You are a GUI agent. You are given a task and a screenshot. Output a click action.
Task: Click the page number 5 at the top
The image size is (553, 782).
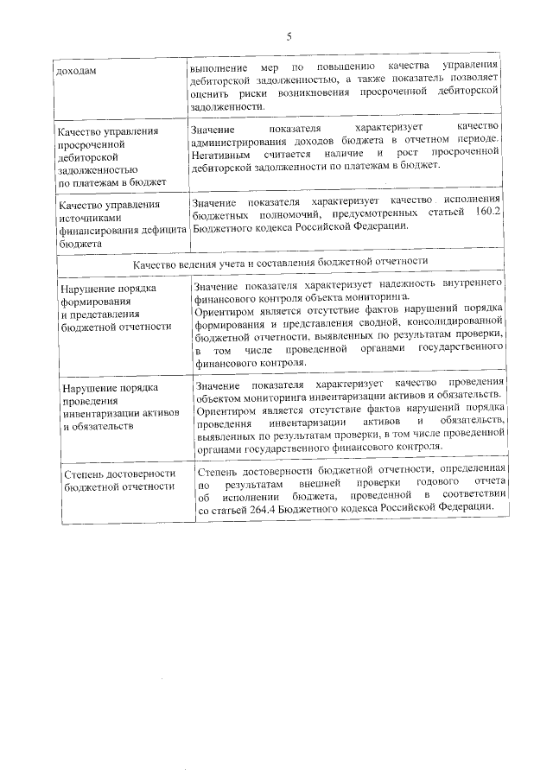[x=289, y=35]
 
